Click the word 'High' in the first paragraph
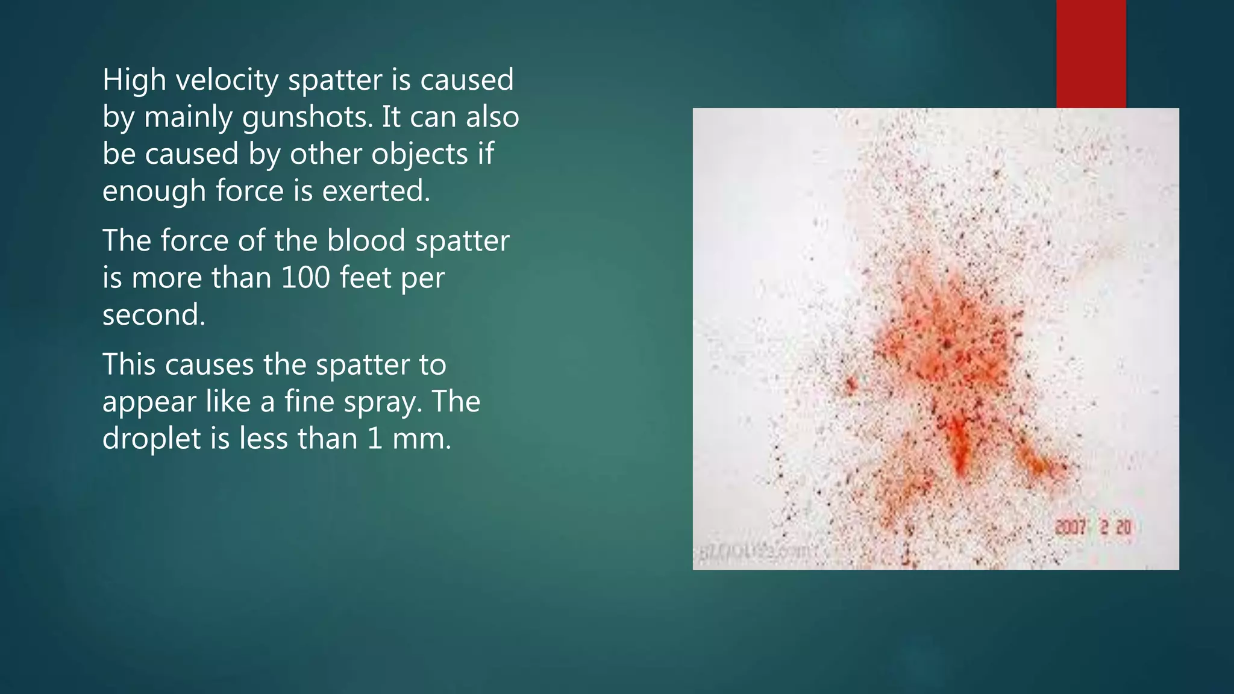pos(134,80)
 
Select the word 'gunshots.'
pos(308,117)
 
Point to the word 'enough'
pos(154,192)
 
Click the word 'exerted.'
pos(376,192)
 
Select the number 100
pos(305,278)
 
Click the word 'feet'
pos(366,278)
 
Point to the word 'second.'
pos(154,315)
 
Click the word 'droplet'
pos(152,439)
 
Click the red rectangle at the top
pos(1091,54)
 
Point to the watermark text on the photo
pos(759,551)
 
